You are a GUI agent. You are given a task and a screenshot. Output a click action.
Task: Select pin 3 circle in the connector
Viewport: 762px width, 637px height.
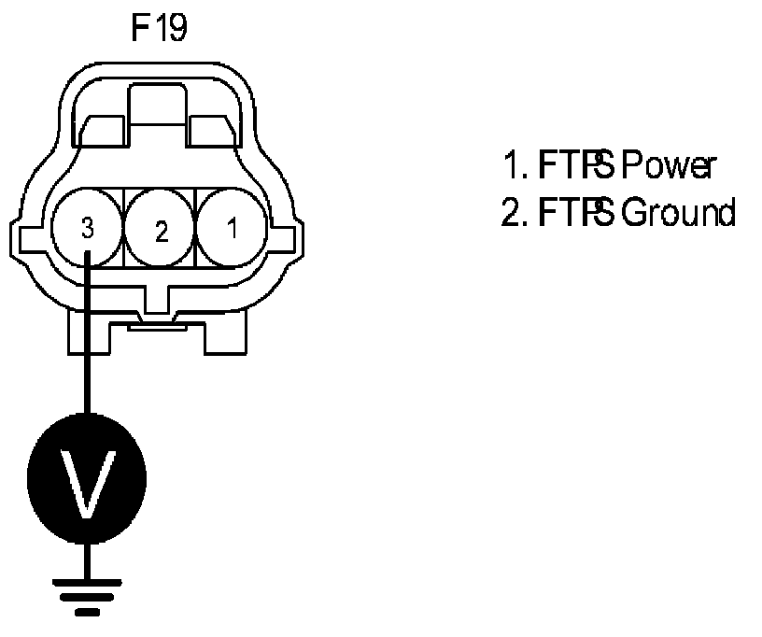(87, 228)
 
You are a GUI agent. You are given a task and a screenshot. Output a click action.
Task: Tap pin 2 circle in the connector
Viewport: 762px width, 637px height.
(160, 228)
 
